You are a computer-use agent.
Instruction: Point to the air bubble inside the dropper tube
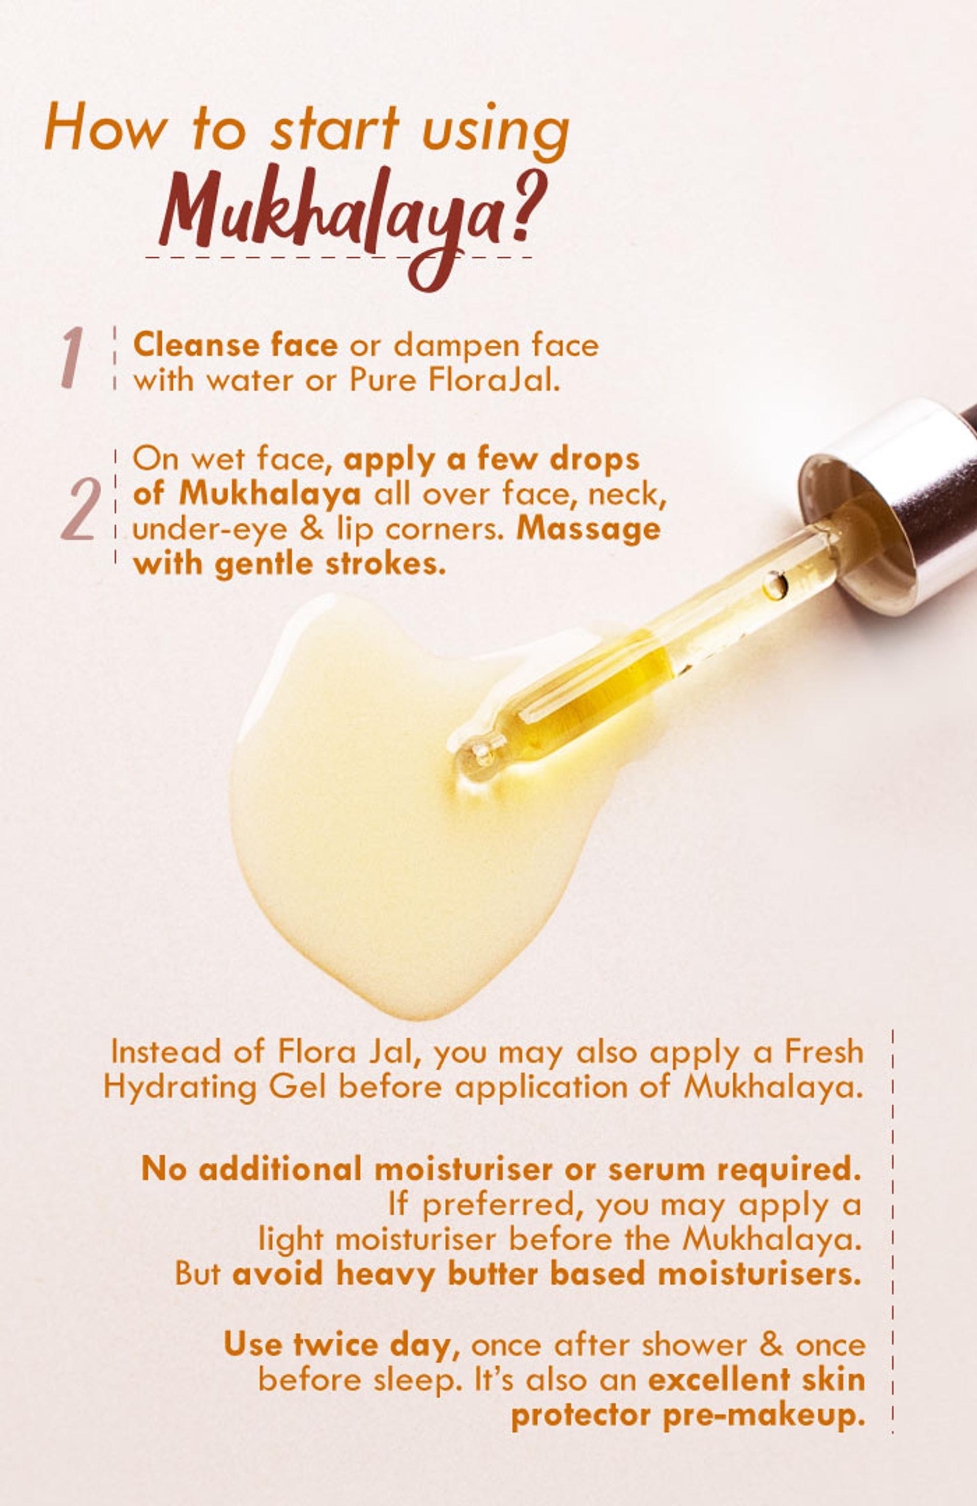coord(774,585)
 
